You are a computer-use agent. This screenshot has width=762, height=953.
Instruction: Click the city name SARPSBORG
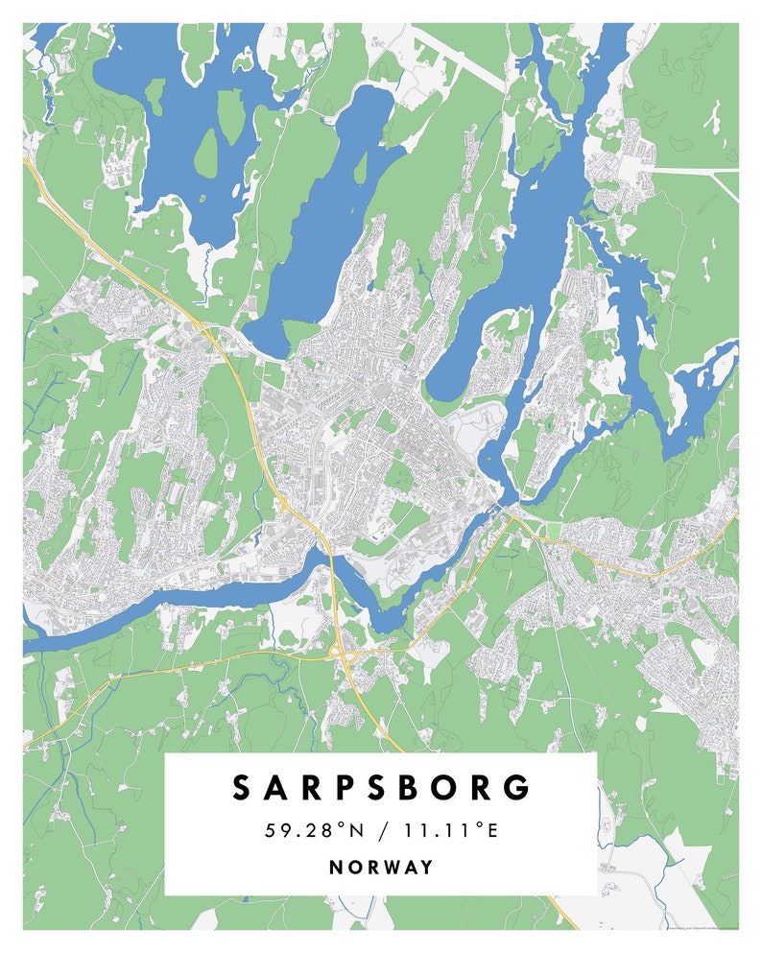click(x=380, y=787)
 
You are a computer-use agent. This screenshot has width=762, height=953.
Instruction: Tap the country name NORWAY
click(x=381, y=867)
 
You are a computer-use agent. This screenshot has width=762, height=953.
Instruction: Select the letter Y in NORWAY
click(x=426, y=867)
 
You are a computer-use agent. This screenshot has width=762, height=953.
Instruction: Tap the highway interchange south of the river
click(x=340, y=653)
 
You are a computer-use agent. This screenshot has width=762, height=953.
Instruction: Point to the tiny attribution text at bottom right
click(x=696, y=928)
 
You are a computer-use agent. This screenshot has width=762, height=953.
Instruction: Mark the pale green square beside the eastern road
click(x=552, y=531)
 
